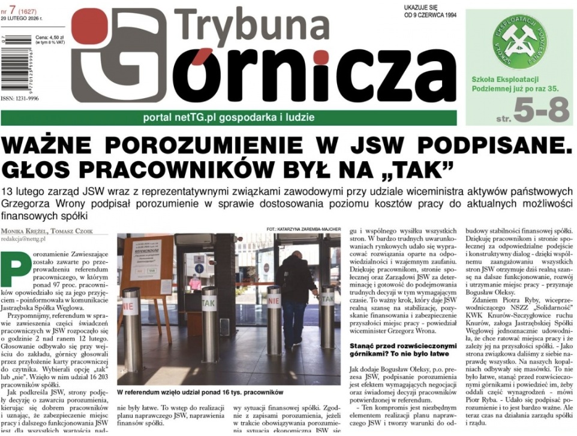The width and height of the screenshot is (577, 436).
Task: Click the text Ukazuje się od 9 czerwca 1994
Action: [x=431, y=11]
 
